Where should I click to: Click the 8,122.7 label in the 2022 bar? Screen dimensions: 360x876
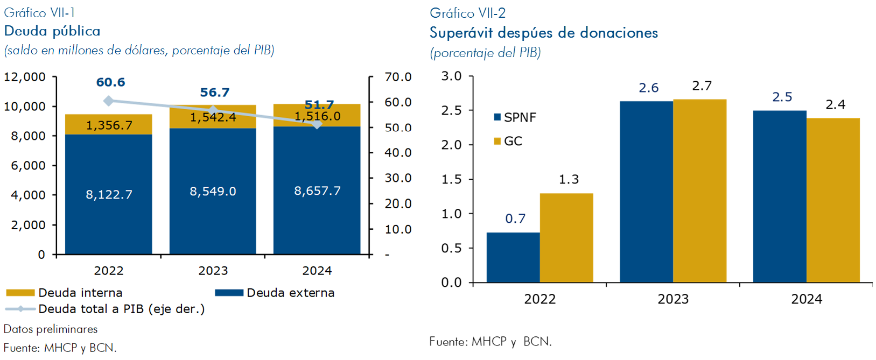tap(109, 194)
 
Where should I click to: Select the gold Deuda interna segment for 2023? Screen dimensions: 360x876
tap(237, 121)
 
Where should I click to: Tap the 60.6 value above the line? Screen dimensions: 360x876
tap(110, 82)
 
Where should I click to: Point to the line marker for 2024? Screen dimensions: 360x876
tap(317, 124)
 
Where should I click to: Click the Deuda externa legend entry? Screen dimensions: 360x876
tap(275, 293)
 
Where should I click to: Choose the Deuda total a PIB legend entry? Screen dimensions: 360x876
tap(105, 309)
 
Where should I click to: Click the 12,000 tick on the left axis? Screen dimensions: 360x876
tap(25, 77)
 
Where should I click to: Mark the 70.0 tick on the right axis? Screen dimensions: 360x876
tap(398, 77)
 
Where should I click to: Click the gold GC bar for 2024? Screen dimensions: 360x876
tap(833, 200)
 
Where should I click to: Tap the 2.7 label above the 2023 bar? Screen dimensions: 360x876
tap(702, 86)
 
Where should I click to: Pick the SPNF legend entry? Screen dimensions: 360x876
tap(515, 117)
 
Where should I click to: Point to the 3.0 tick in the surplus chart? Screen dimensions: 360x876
tap(451, 76)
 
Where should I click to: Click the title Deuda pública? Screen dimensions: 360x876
tap(52, 31)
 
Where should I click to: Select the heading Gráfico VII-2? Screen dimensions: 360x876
tap(467, 13)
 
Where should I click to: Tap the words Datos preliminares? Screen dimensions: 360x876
tap(51, 329)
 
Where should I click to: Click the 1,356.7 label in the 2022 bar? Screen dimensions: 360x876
tap(109, 125)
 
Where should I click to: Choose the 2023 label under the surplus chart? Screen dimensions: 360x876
tap(672, 299)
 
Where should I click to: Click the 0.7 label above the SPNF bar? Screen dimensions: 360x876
tap(515, 218)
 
